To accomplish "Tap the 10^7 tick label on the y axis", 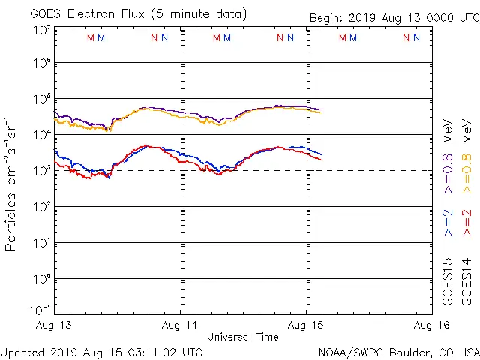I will pyautogui.click(x=41, y=30).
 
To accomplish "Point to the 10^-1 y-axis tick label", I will pyautogui.click(x=41, y=310).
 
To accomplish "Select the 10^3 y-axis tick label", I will pyautogui.click(x=41, y=170).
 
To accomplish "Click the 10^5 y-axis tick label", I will pyautogui.click(x=41, y=99).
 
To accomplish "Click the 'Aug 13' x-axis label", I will pyautogui.click(x=55, y=325).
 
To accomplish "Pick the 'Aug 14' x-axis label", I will pyautogui.click(x=180, y=325).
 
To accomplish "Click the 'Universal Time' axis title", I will pyautogui.click(x=243, y=337).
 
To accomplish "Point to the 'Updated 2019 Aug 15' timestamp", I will pyautogui.click(x=101, y=351).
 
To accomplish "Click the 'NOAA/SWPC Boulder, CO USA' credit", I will pyautogui.click(x=398, y=351).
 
